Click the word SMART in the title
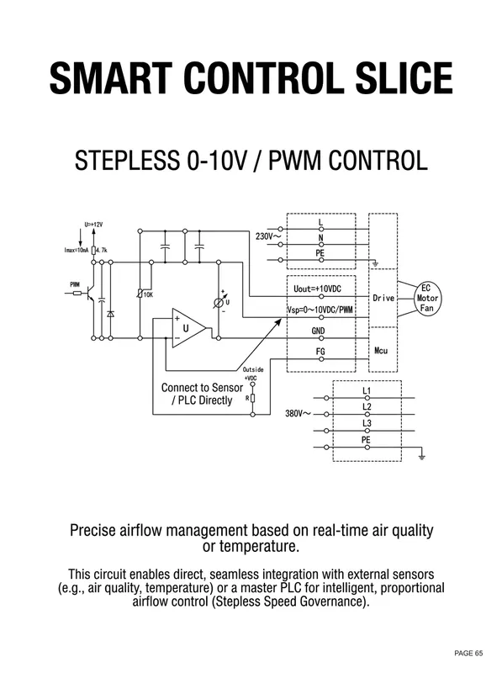coord(111,77)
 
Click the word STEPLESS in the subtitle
coord(127,161)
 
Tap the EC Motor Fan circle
coord(427,299)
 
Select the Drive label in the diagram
coord(383,298)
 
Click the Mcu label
coord(381,351)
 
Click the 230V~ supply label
coord(268,236)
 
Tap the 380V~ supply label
coord(299,414)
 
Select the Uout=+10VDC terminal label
coord(318,289)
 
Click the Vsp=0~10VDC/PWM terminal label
coord(320,310)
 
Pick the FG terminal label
coord(320,352)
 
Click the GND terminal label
coord(319,331)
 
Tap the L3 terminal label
coord(367,423)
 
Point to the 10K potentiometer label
coord(148,295)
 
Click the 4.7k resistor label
coord(102,250)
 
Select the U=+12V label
coord(93,225)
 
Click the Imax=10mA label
coord(77,250)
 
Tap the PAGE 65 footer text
coord(468,654)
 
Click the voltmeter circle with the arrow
coord(219,303)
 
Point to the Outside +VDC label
coord(253,374)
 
